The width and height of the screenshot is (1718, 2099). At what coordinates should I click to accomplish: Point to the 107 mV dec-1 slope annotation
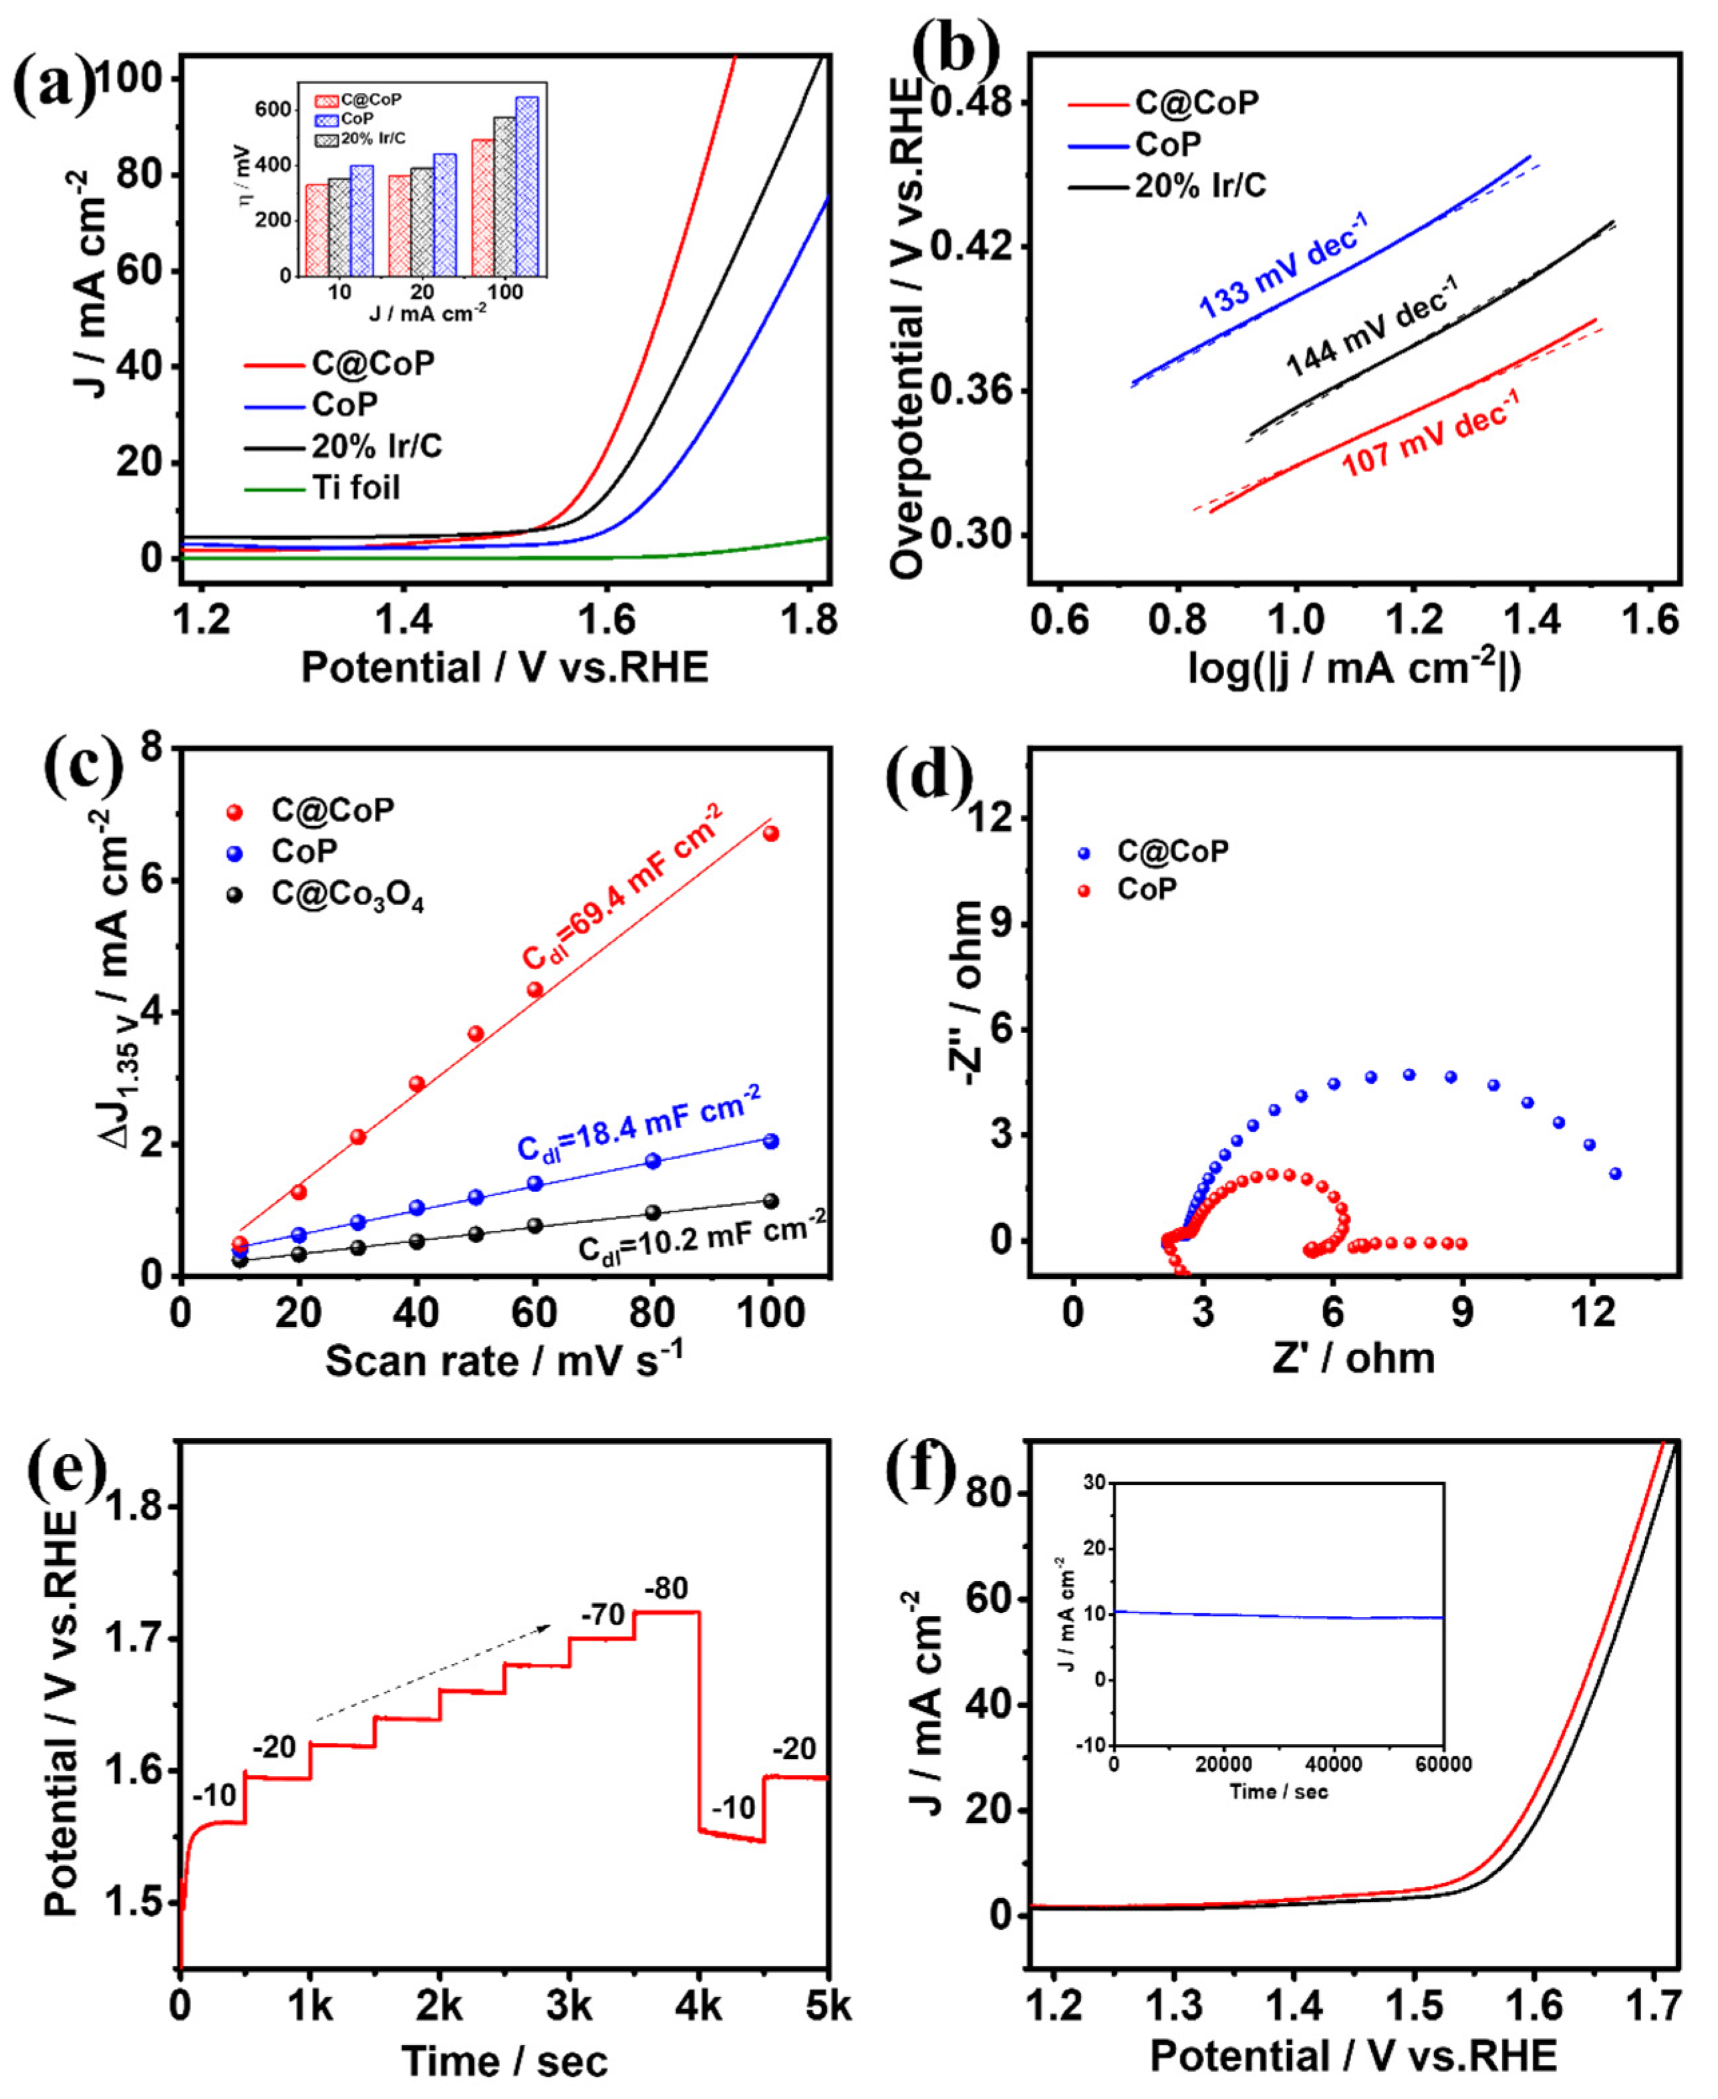click(1430, 432)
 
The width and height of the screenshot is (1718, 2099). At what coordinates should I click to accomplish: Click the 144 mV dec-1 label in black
click(1371, 327)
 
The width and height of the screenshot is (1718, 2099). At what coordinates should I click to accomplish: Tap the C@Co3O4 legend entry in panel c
click(346, 895)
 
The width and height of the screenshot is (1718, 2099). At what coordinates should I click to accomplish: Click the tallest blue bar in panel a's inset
click(527, 186)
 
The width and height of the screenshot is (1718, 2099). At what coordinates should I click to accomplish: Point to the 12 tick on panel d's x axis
click(1592, 1313)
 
